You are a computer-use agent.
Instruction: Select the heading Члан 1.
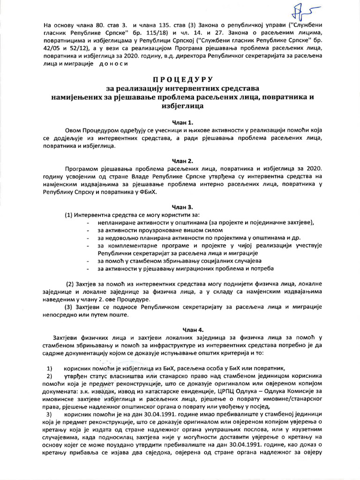pos(180,122)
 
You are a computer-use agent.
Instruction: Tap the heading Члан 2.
pos(180,160)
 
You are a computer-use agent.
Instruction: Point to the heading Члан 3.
pos(180,206)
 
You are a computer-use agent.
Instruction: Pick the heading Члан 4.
pos(180,329)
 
